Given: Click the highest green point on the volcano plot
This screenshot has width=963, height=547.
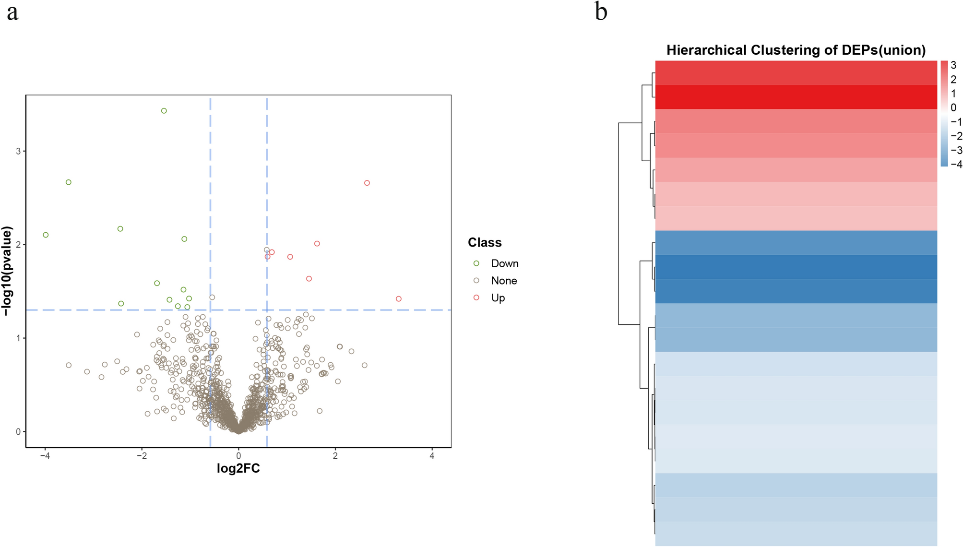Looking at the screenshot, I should (x=164, y=111).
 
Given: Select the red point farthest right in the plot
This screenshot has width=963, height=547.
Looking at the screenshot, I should (x=398, y=299).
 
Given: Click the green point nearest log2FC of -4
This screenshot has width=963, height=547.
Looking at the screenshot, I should (x=46, y=235).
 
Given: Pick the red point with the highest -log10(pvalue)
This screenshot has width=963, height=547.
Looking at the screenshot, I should (x=367, y=183).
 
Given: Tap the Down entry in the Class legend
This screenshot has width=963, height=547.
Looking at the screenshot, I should (x=504, y=263).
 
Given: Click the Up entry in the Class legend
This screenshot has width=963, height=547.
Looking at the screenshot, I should (x=498, y=298).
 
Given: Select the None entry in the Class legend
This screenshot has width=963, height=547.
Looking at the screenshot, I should (x=503, y=281).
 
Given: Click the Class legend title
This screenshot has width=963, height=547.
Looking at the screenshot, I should (x=485, y=243).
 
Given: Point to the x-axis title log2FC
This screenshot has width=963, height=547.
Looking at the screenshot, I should (x=238, y=468).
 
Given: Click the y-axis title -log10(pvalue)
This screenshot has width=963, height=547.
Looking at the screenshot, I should (x=7, y=271).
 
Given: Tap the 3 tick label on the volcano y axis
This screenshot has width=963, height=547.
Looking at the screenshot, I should (x=18, y=151).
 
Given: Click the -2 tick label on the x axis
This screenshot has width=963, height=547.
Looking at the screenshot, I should (x=142, y=456).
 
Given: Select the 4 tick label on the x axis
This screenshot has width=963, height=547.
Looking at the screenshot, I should (x=432, y=456).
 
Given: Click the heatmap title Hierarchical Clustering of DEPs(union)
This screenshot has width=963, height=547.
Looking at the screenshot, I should (x=796, y=50).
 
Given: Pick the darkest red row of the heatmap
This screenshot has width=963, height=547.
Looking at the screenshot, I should (x=796, y=97).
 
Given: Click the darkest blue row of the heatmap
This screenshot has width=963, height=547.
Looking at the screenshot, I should (x=796, y=267).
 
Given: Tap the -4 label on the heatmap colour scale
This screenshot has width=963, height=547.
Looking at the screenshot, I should (x=956, y=165).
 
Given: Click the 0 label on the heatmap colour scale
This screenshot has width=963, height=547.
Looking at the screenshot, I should (x=953, y=107).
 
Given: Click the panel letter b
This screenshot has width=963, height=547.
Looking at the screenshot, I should (x=601, y=12).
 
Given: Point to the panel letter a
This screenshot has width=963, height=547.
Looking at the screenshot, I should (x=12, y=12).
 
